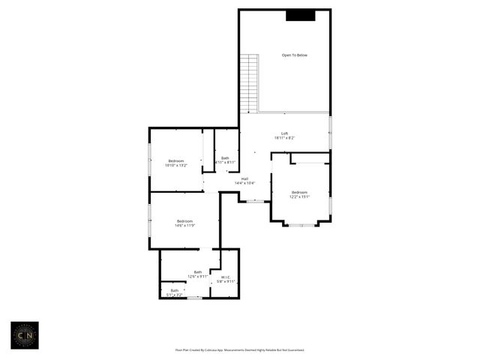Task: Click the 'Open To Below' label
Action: (x=295, y=55)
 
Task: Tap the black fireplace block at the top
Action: (x=300, y=15)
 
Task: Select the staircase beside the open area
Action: (x=249, y=82)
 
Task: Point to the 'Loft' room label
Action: (x=284, y=133)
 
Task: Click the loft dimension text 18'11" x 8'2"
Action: (x=284, y=138)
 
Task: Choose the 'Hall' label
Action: (x=244, y=178)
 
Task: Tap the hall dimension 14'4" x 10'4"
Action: (x=244, y=183)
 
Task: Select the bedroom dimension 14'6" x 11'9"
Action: (x=184, y=225)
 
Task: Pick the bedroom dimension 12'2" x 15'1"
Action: (x=299, y=196)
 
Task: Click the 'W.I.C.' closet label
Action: (x=226, y=277)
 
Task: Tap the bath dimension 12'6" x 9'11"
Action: (x=198, y=277)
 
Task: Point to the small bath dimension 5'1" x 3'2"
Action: (x=174, y=295)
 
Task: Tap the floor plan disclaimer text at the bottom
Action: (x=240, y=349)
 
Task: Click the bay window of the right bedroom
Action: (x=301, y=224)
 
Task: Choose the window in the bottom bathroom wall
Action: (x=195, y=298)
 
